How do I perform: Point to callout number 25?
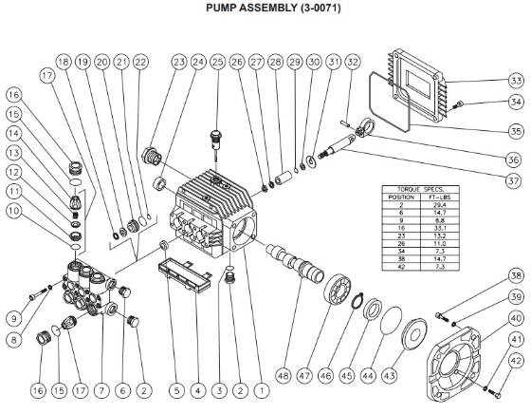click(x=217, y=63)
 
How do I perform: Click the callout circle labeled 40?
click(x=516, y=318)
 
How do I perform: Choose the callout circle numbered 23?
click(x=178, y=63)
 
